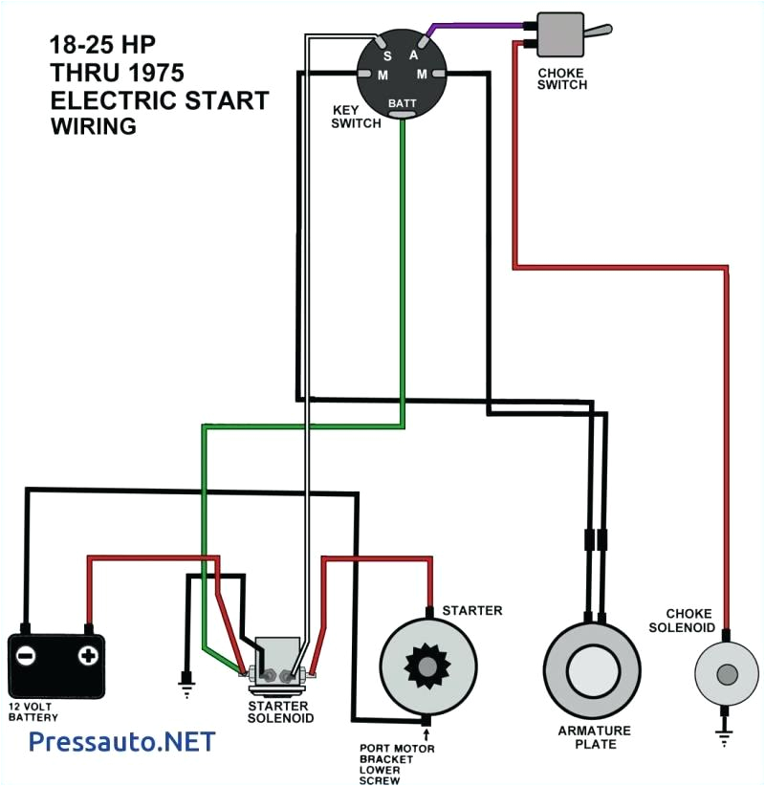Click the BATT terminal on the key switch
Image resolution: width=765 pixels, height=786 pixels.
tap(402, 103)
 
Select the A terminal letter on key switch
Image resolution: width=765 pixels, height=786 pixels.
tap(414, 55)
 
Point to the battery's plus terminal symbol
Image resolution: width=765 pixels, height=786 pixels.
tap(88, 656)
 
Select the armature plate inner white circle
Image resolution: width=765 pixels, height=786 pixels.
tap(593, 671)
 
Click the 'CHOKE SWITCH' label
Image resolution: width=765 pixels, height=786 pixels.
tap(562, 77)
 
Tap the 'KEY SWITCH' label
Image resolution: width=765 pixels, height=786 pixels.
tap(356, 117)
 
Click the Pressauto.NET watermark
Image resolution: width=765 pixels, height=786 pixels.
tap(121, 742)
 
